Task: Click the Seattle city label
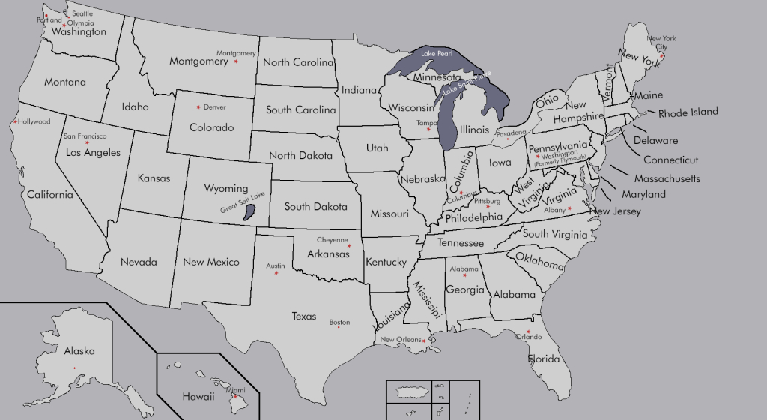coord(82,13)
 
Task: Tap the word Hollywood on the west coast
coord(34,121)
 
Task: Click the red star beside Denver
coord(198,106)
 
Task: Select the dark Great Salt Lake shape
coord(249,211)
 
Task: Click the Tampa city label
coord(426,123)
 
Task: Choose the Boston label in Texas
coord(339,322)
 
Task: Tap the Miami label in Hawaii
coord(235,390)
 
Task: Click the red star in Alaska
coord(74,367)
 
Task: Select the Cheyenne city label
coord(332,240)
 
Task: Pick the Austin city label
coord(276,265)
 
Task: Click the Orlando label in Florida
coord(528,337)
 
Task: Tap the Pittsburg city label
coord(488,201)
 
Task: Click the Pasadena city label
coord(509,133)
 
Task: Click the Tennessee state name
coord(461,244)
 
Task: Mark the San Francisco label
coord(85,136)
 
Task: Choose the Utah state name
coord(377,148)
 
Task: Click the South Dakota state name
coord(315,206)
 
